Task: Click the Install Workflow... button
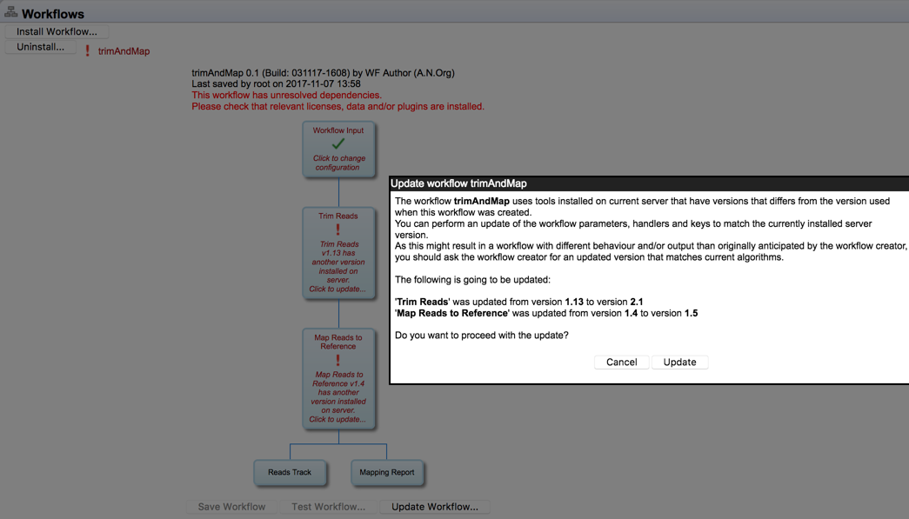[x=57, y=31]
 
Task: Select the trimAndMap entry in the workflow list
[x=124, y=51]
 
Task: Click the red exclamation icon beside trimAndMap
[x=87, y=51]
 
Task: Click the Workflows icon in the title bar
[x=10, y=12]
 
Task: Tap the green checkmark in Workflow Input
[x=338, y=143]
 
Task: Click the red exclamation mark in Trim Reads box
[x=338, y=230]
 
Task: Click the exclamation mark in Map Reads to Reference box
[x=338, y=360]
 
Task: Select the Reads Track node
[x=290, y=472]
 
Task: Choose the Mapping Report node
[x=387, y=472]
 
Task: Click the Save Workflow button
[x=231, y=507]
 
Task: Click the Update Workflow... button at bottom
[x=434, y=507]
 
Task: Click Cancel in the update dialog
[x=621, y=363]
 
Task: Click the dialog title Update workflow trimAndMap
[x=458, y=183]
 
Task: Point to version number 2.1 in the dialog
[x=637, y=302]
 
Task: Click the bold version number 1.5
[x=691, y=313]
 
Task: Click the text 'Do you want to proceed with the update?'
[x=481, y=336]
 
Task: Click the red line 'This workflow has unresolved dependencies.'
[x=286, y=96]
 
